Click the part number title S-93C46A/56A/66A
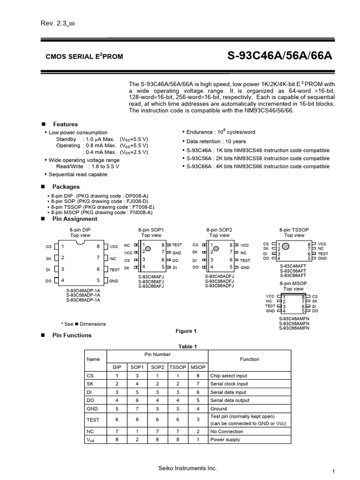pyautogui.click(x=279, y=56)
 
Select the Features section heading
pyautogui.click(x=65, y=124)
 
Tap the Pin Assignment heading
pyautogui.click(x=75, y=219)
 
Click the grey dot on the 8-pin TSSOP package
pyautogui.click(x=285, y=246)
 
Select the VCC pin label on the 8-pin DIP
pyautogui.click(x=114, y=247)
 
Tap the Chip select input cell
pyautogui.click(x=229, y=375)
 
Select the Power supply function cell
pyautogui.click(x=225, y=440)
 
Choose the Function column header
pyautogui.click(x=249, y=359)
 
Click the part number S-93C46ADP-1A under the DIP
pyautogui.click(x=83, y=291)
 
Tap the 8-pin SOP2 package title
pyautogui.click(x=219, y=230)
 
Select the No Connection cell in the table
pyautogui.click(x=227, y=432)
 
